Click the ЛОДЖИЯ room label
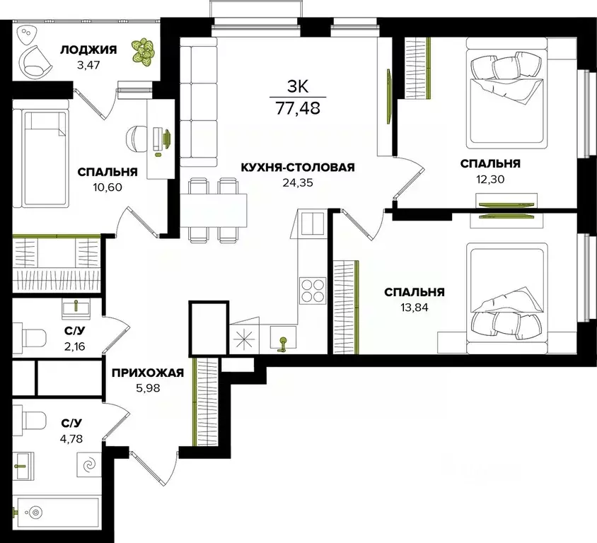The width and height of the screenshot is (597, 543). tap(88, 50)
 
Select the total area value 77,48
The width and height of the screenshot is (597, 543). tap(298, 108)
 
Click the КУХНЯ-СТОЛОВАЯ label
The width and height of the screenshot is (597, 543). tap(298, 168)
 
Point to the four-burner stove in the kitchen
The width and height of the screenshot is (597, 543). tap(312, 291)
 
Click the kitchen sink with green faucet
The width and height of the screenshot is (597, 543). tap(283, 337)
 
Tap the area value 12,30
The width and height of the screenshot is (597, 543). tap(490, 179)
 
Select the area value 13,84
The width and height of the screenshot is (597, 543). tap(415, 308)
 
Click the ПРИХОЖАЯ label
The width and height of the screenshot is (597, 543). tap(148, 373)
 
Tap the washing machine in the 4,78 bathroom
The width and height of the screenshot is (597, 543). tap(89, 465)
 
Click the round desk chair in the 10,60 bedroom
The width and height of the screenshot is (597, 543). tap(137, 138)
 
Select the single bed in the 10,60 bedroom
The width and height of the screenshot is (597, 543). tap(41, 158)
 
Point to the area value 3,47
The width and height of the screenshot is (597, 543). tap(88, 65)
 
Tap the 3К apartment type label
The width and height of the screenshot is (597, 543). tap(298, 87)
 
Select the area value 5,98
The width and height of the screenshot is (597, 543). tap(148, 388)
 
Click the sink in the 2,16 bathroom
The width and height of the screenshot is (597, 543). tap(76, 310)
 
